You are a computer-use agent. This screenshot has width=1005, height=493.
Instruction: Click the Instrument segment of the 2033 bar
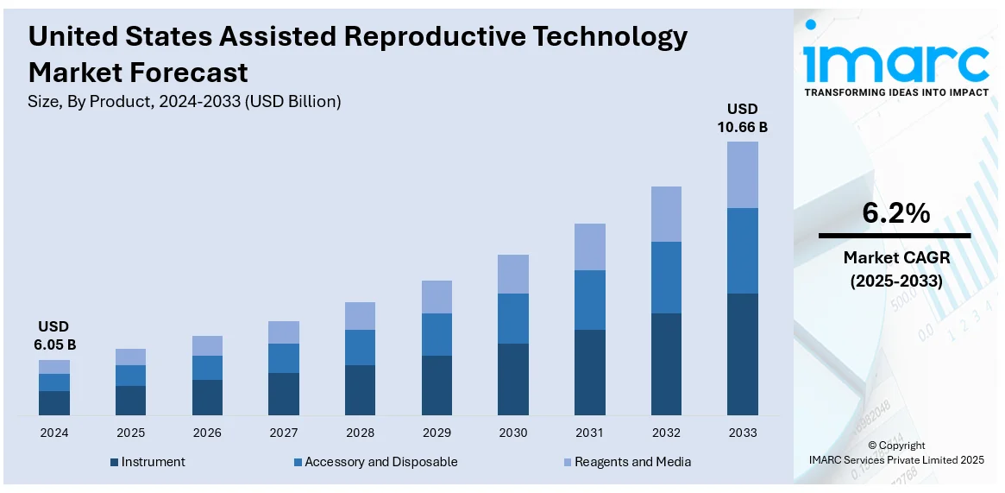pyautogui.click(x=742, y=354)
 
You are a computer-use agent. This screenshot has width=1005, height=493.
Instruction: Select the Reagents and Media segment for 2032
pyautogui.click(x=666, y=214)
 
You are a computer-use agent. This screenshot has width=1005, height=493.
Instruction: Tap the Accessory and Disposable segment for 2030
pyautogui.click(x=513, y=319)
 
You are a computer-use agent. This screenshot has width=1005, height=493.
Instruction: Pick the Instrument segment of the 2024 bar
pyautogui.click(x=54, y=403)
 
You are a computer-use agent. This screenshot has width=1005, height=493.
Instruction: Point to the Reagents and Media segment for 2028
pyautogui.click(x=360, y=316)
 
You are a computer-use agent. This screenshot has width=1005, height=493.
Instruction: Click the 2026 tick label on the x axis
pyautogui.click(x=207, y=433)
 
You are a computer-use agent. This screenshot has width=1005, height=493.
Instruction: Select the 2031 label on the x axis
pyautogui.click(x=589, y=433)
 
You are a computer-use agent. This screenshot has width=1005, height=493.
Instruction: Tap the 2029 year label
pyautogui.click(x=437, y=433)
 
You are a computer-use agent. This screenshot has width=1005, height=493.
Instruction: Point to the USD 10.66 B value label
pyautogui.click(x=742, y=118)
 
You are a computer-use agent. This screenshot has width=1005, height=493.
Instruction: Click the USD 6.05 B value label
pyautogui.click(x=53, y=336)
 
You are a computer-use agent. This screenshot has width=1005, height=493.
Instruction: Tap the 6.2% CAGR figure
pyautogui.click(x=895, y=213)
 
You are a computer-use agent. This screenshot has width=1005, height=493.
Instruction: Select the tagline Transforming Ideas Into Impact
pyautogui.click(x=895, y=92)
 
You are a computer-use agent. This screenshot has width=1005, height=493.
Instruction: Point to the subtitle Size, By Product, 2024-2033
pyautogui.click(x=185, y=101)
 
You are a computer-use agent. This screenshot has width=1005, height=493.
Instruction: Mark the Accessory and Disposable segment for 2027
pyautogui.click(x=284, y=358)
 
